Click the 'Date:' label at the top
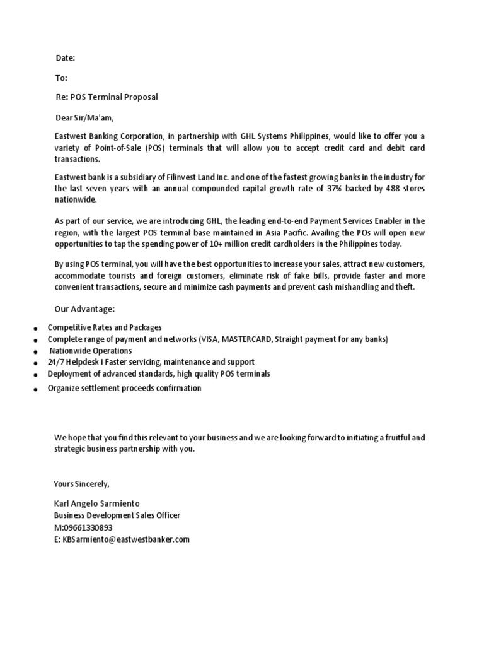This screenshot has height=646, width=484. point(66,58)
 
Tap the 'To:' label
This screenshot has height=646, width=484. point(62,78)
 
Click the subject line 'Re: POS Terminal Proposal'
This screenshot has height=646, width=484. point(106,97)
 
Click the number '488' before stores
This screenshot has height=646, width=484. point(393,188)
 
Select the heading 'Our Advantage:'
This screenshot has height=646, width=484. point(84,309)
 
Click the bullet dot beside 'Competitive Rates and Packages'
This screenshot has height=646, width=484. point(36,329)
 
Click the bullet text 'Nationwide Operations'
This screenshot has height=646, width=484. point(91,351)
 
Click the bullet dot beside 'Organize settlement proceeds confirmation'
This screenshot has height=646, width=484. point(36,390)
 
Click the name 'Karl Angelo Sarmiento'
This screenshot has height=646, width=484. point(97,503)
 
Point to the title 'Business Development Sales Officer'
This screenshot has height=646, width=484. point(117,515)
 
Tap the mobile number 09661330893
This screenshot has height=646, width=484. point(87,527)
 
